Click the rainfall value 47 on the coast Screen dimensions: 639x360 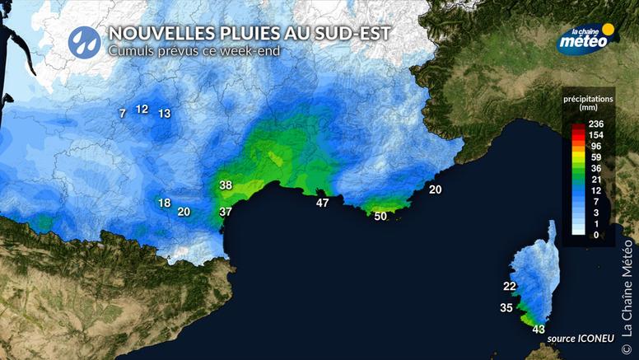(323, 203)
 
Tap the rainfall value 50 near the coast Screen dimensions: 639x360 (380, 217)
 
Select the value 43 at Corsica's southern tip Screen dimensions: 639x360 (539, 330)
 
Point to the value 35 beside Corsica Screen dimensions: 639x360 (506, 308)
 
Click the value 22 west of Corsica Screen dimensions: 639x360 (510, 287)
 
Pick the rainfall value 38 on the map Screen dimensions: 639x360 (226, 185)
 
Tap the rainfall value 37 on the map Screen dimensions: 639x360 (226, 212)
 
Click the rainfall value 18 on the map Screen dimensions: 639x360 (164, 203)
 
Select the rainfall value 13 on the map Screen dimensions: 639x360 (165, 114)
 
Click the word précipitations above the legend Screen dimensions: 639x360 (588, 98)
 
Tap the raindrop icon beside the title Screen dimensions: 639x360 (84, 39)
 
